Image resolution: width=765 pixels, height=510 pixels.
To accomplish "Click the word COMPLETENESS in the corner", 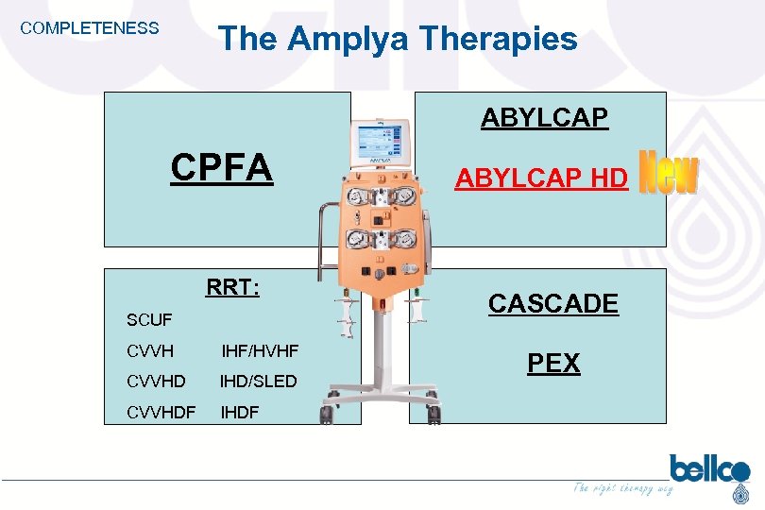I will [x=90, y=28].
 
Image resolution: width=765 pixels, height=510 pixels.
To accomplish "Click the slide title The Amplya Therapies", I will [x=398, y=39].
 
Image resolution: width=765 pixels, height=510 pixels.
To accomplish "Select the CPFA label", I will [x=222, y=168].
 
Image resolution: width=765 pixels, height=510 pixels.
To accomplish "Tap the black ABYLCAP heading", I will [x=544, y=118].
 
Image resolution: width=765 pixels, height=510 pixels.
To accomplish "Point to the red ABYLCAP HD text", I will [x=541, y=178].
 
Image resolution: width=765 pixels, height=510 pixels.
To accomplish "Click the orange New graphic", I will [x=669, y=175].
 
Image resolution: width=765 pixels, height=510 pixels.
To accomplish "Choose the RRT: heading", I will [x=233, y=287].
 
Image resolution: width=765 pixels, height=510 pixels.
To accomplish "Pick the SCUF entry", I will [x=149, y=320].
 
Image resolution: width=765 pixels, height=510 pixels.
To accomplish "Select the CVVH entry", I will [x=150, y=351].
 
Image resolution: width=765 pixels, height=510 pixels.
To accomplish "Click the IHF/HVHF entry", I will [x=260, y=351].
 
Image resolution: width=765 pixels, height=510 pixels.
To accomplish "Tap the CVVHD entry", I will [x=156, y=382].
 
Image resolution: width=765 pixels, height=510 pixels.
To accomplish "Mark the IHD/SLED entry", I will [x=259, y=382].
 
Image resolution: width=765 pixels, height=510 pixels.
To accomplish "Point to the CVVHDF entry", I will [x=162, y=412].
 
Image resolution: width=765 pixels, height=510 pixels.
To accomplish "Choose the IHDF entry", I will [x=239, y=412].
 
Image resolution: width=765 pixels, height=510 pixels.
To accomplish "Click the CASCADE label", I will [x=553, y=304].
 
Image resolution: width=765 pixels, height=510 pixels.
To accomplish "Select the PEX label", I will [x=553, y=364].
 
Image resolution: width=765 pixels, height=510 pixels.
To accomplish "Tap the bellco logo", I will [x=708, y=469].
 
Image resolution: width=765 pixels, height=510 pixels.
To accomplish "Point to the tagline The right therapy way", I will [x=623, y=488].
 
